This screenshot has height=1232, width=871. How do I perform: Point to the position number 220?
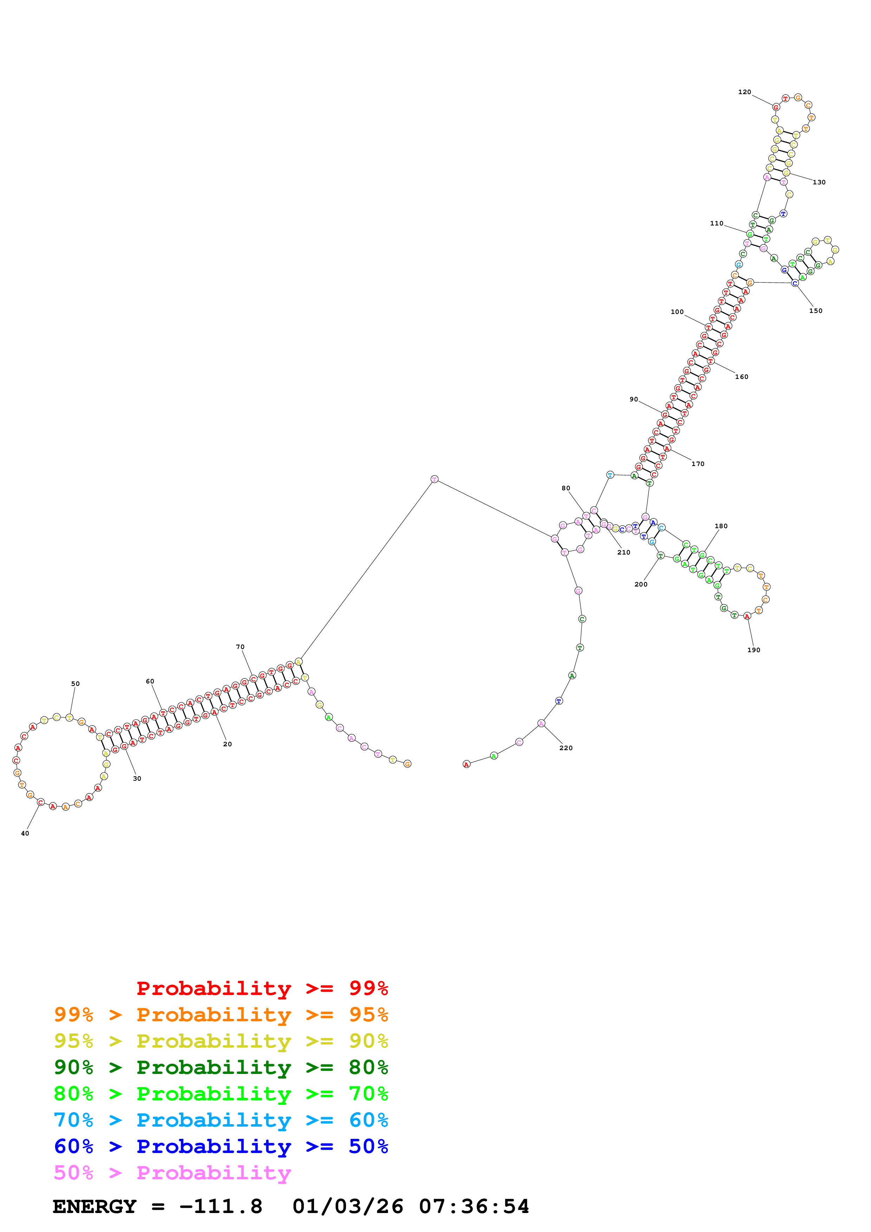566,748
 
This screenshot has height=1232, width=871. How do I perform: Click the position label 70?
240,647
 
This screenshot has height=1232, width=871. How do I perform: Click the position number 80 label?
566,488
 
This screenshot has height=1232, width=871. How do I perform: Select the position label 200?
641,584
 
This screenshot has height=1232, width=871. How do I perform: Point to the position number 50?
75,684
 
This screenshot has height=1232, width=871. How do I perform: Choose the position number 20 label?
228,744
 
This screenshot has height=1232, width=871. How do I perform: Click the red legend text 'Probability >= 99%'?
262,988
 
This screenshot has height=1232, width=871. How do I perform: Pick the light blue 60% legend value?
368,1120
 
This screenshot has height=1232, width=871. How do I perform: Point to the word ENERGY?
95,1207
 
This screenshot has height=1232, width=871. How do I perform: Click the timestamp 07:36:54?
474,1207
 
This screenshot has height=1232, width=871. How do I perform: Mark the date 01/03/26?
348,1207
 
